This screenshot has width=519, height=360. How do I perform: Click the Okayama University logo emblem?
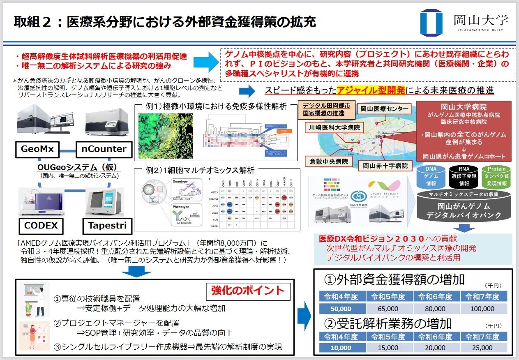(x=431, y=23)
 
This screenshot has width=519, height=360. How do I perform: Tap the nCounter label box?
(x=102, y=149)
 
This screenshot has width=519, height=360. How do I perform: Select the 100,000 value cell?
(x=483, y=309)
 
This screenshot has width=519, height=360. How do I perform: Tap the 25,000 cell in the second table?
(x=483, y=347)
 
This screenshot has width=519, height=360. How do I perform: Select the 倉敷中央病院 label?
(x=329, y=162)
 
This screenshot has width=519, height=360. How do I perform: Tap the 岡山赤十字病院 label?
(x=385, y=166)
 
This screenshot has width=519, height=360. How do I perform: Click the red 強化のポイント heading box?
(x=248, y=291)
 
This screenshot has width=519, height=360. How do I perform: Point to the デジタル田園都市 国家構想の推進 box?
(x=327, y=109)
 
